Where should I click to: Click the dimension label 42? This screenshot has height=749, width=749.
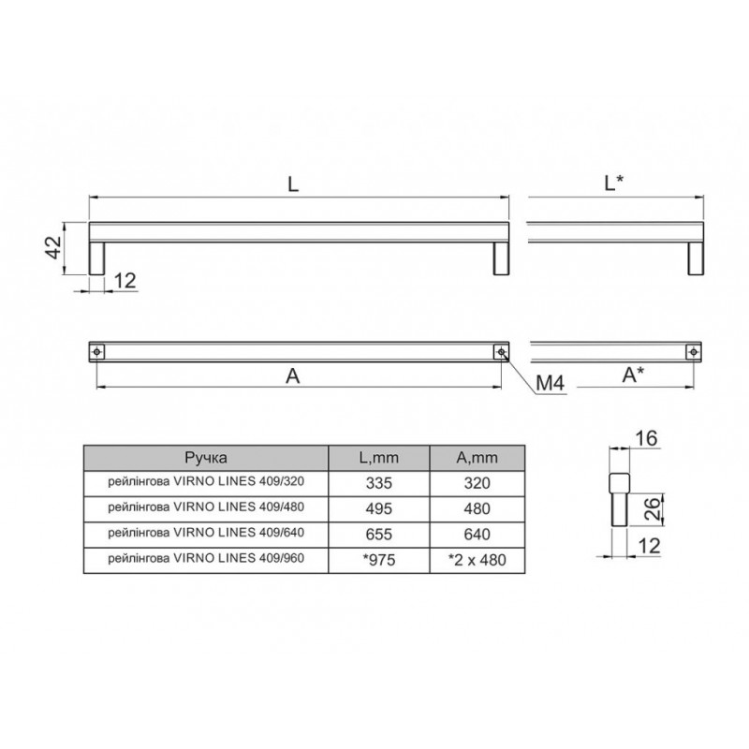pos(54,247)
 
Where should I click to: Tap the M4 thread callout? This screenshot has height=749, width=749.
pos(550,383)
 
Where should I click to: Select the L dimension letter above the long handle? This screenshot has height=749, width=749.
pos(293,184)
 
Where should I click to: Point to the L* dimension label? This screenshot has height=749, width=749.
pos(614,183)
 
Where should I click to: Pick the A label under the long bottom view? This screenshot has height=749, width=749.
pos(293,376)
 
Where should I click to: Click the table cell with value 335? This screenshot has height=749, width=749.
pos(379,483)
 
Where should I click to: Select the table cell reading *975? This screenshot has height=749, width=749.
pos(379,559)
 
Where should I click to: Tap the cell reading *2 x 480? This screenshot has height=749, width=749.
pos(477,559)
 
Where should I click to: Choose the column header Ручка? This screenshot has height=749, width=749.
pos(206,458)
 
